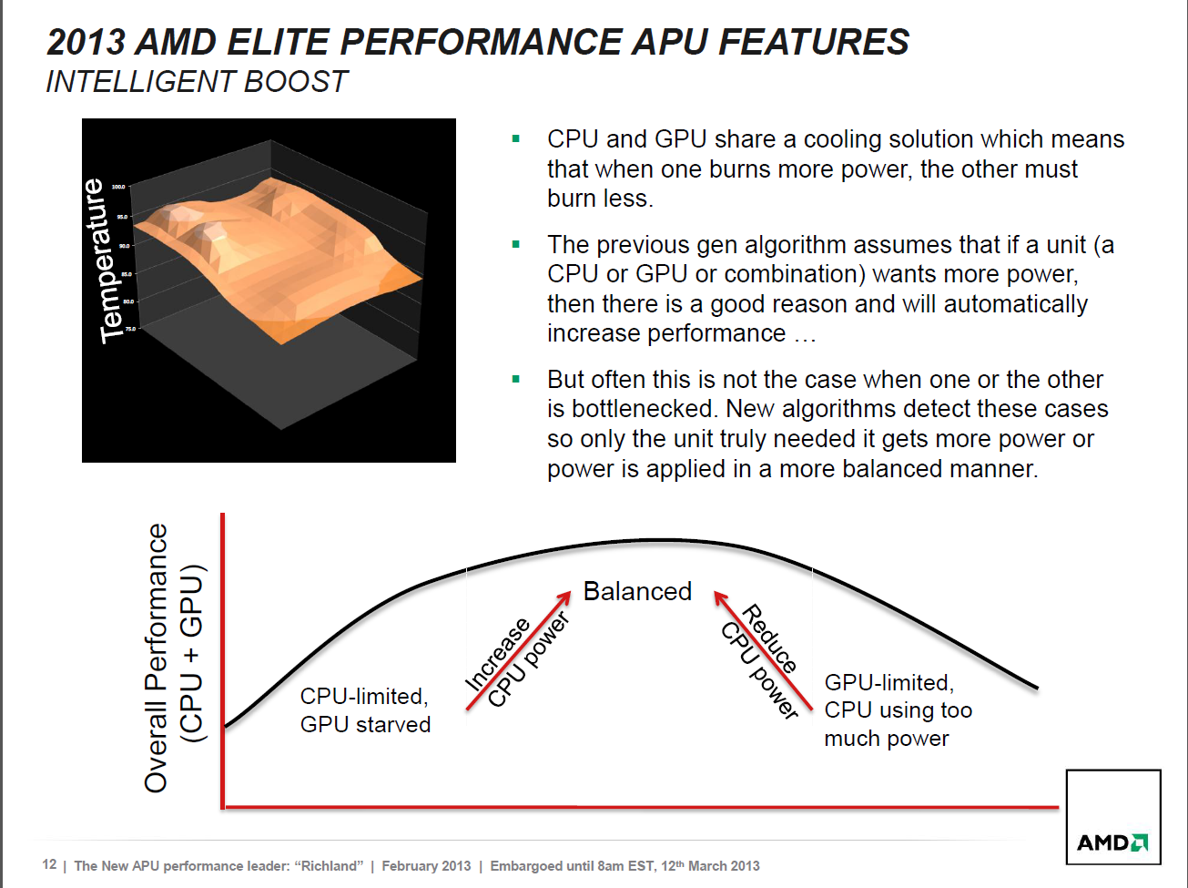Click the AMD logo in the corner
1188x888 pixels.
(1112, 842)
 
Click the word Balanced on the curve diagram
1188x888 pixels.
(637, 592)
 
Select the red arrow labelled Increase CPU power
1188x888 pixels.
(518, 650)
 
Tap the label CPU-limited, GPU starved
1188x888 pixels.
(365, 710)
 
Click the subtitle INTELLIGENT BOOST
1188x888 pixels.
(197, 82)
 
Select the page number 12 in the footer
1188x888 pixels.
(49, 864)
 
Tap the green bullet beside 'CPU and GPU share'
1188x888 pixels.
(516, 139)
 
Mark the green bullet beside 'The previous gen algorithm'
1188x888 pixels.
(516, 244)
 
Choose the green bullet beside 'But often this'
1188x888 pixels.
(516, 379)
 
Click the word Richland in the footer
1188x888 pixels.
(328, 865)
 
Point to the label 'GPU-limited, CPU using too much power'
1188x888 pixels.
(898, 710)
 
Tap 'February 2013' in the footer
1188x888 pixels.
(426, 865)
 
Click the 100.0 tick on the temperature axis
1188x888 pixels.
(119, 187)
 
